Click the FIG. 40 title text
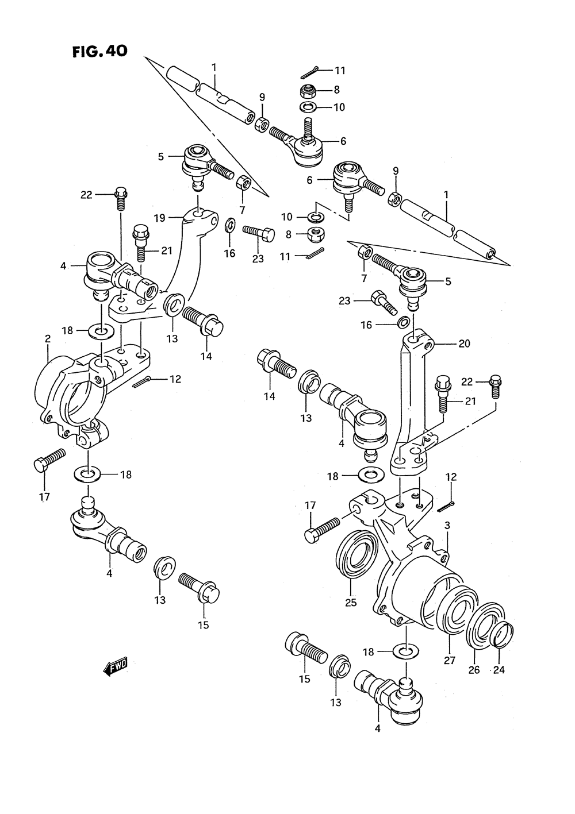(x=99, y=51)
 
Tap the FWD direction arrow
(x=115, y=666)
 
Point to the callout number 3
(x=447, y=525)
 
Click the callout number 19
(x=159, y=218)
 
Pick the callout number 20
(x=464, y=344)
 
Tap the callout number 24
(x=499, y=669)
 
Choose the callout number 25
(x=351, y=603)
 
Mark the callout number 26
(x=474, y=669)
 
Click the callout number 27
(x=450, y=661)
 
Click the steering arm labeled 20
(x=409, y=402)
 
